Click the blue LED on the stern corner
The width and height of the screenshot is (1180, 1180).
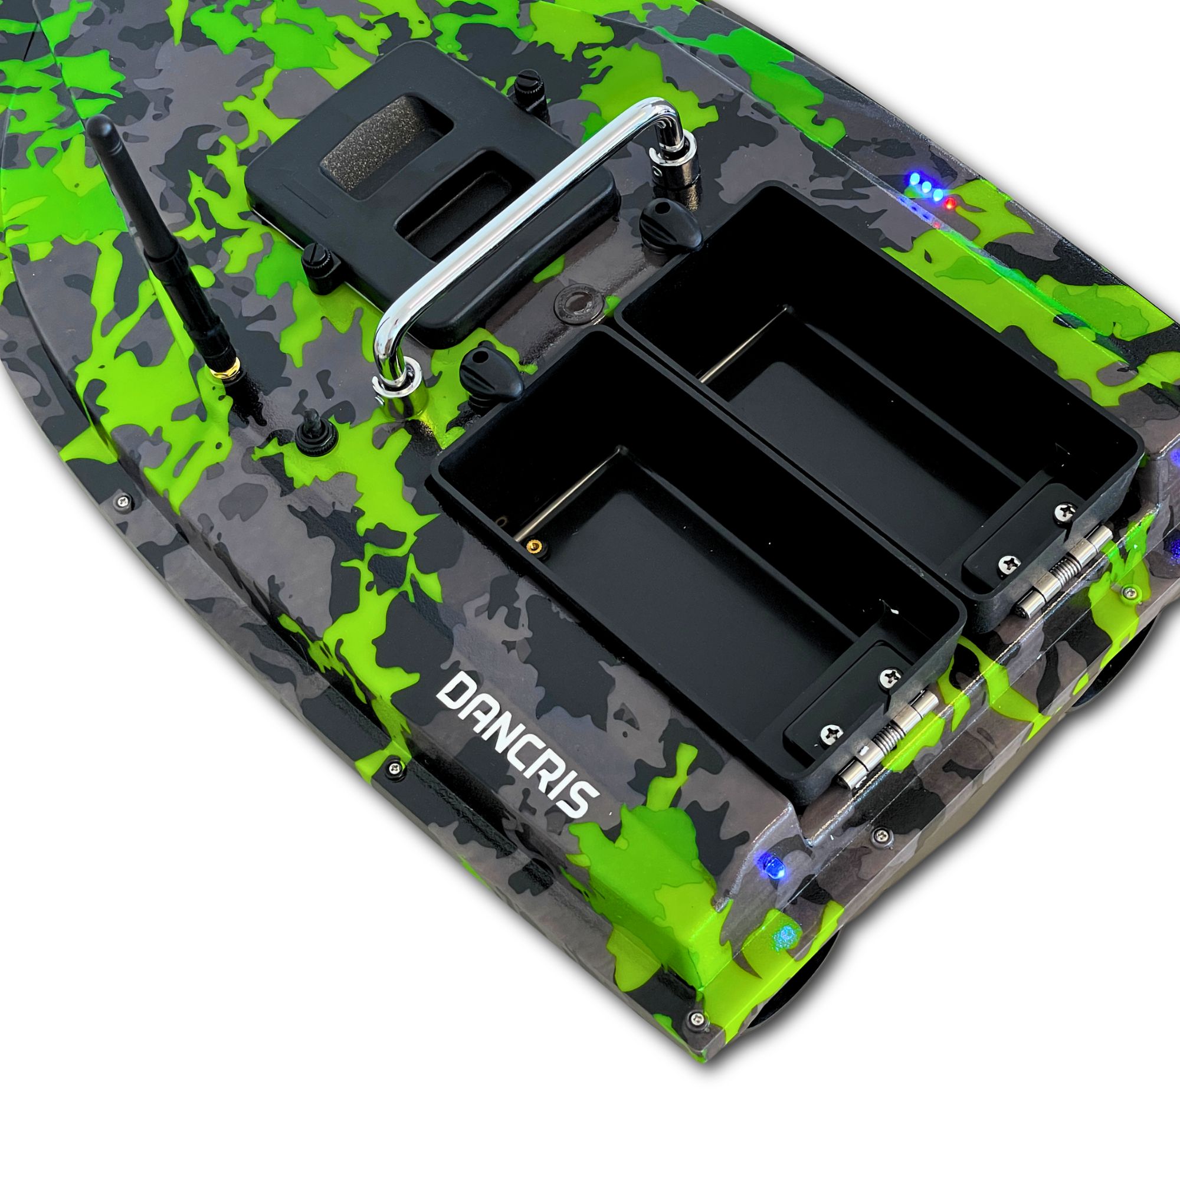(776, 867)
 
